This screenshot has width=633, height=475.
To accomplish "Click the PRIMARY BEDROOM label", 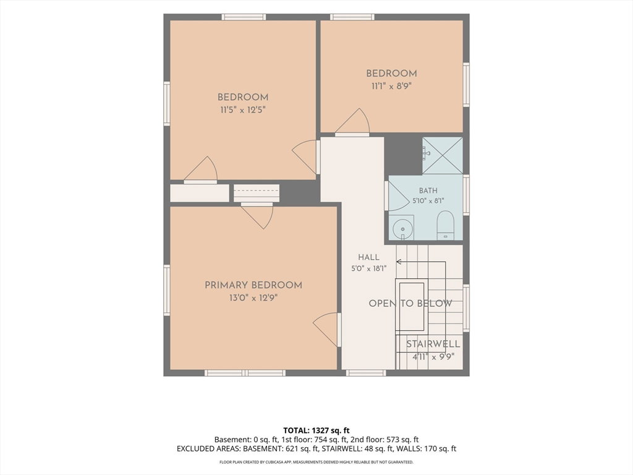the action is tap(253, 285).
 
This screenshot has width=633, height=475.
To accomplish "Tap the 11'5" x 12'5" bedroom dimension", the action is tap(242, 110).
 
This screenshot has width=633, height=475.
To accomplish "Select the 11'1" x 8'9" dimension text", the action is tap(391, 86).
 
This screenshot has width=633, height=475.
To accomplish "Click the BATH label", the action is tap(428, 190).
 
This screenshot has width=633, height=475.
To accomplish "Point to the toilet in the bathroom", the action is tap(446, 225).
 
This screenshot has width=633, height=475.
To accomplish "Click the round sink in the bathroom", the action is tap(402, 229).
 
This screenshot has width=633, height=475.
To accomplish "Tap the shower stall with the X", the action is tap(443, 155).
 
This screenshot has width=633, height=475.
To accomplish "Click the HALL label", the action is tap(368, 257).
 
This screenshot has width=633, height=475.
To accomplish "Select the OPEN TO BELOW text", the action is tap(410, 304).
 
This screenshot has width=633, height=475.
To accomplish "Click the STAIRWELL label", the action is tap(433, 344).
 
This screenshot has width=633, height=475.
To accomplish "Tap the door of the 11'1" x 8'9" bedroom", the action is tap(352, 122).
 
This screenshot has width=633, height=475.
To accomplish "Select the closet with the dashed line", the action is tap(257, 193).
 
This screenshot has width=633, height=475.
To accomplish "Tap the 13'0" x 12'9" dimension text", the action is tap(253, 298).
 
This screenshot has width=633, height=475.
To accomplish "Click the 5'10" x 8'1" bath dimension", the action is tap(428, 200).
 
